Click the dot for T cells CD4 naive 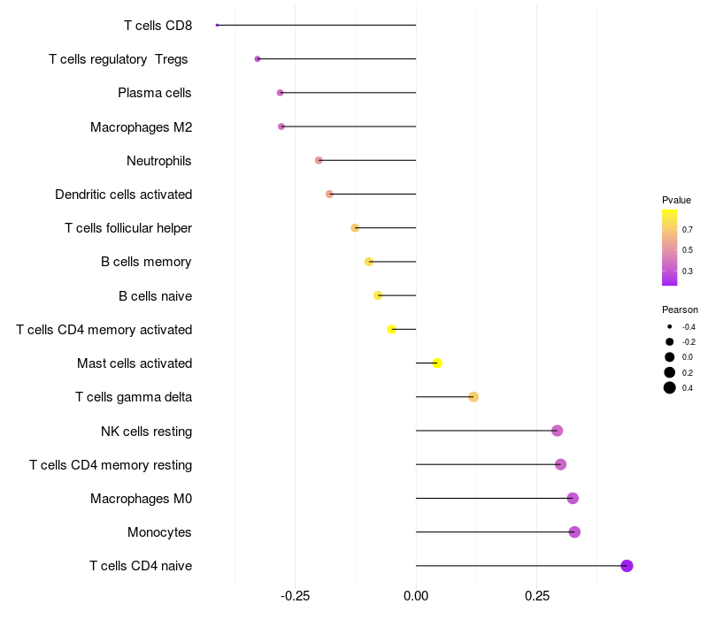coord(627,566)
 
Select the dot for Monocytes coord(574,532)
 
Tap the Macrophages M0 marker coord(573,499)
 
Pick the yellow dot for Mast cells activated coord(437,363)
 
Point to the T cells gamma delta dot coord(473,397)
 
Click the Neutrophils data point coord(319,160)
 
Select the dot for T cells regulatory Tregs coord(258,59)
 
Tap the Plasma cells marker coord(280,93)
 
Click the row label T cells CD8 coord(158,25)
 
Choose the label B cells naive coord(155,295)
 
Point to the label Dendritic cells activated coord(123,194)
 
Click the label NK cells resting coord(146,431)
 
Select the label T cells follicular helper coord(128,228)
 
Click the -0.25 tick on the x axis coord(295,596)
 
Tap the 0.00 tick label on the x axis coord(416,596)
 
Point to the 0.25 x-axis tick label coord(536,596)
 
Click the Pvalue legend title coord(676,200)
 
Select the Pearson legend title coord(680,310)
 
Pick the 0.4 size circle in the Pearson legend coord(670,387)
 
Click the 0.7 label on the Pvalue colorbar coord(688,229)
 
